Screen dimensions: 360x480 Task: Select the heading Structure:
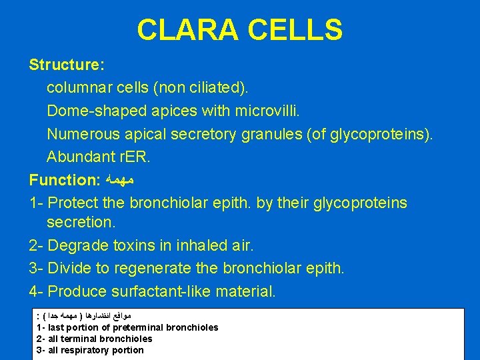click(x=66, y=65)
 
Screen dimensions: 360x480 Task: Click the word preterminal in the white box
click(x=136, y=327)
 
